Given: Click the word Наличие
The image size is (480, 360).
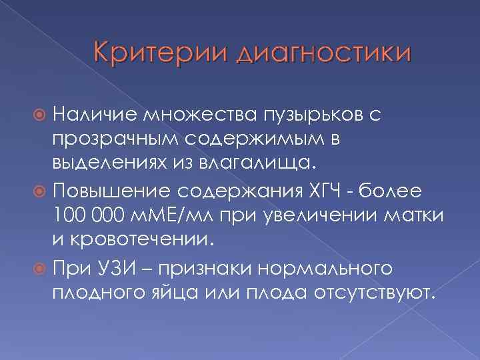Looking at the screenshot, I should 95,117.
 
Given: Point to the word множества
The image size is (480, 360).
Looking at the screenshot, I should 199,118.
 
